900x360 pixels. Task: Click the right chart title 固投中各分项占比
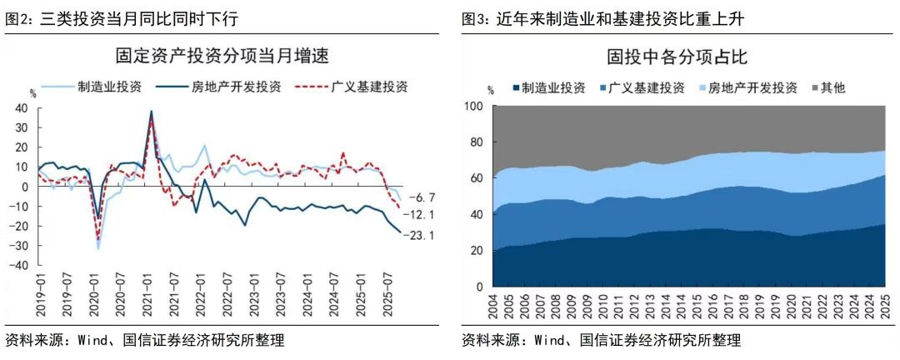pyautogui.click(x=677, y=57)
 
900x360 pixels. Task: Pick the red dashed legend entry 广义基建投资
pyautogui.click(x=367, y=86)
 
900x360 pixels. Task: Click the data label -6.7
pyautogui.click(x=422, y=197)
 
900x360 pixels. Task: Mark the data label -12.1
pyautogui.click(x=422, y=215)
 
